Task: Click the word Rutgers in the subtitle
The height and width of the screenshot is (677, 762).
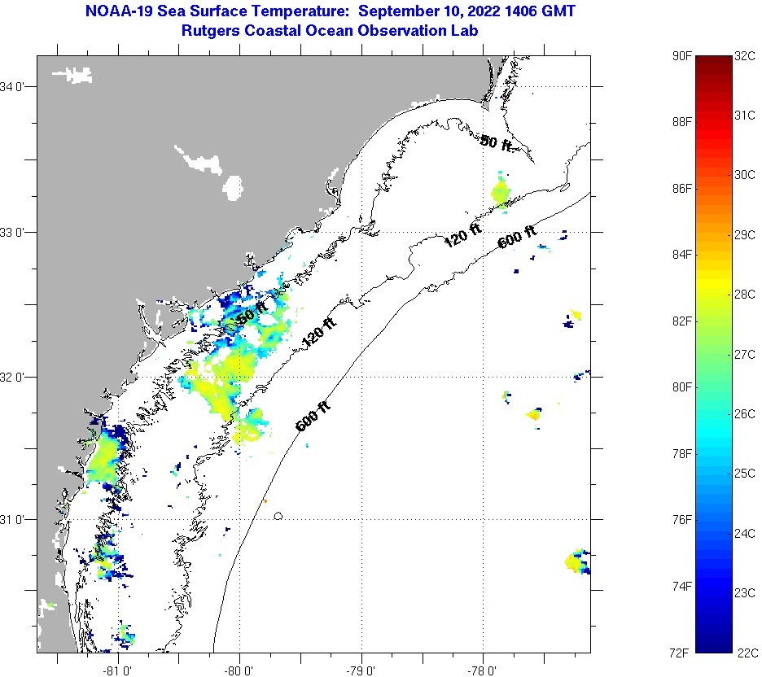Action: (x=208, y=30)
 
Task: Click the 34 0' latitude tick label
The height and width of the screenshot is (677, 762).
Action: (x=16, y=87)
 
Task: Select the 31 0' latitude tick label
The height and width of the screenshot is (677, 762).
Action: (x=16, y=519)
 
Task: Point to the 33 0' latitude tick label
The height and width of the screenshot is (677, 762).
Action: (x=16, y=233)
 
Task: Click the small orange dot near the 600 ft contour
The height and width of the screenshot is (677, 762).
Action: (x=265, y=501)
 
